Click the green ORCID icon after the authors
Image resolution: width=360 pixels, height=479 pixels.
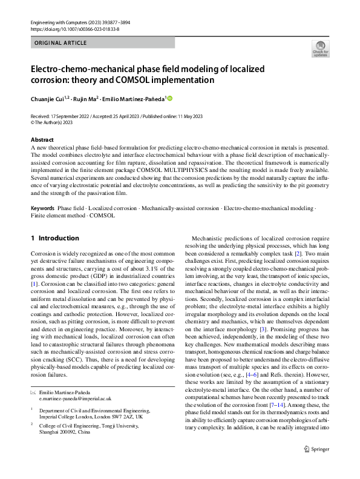[x=170, y=99]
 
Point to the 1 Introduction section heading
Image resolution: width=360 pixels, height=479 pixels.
[x=54, y=238]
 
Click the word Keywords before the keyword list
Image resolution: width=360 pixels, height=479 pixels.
[x=42, y=208]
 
